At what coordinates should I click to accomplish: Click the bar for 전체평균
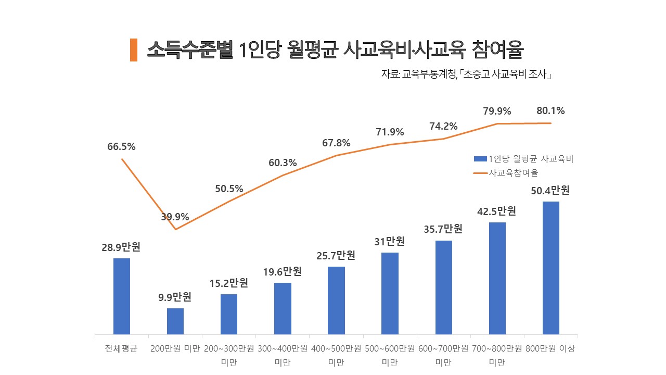[x=122, y=296]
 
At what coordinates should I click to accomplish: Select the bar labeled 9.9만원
[x=175, y=321]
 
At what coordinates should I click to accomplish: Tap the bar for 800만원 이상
[x=550, y=268]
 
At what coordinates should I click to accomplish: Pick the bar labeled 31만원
[x=390, y=293]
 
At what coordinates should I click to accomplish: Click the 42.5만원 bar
[x=497, y=278]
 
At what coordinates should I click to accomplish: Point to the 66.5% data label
[x=121, y=147]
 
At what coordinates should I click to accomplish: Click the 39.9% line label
[x=175, y=217]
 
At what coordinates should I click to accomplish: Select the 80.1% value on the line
[x=550, y=111]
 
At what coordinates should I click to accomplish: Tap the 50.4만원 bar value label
[x=550, y=191]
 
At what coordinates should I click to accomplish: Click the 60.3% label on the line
[x=283, y=163]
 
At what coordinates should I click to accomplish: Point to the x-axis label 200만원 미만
[x=175, y=348]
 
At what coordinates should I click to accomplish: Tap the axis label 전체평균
[x=121, y=348]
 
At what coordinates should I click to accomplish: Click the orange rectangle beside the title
[x=134, y=50]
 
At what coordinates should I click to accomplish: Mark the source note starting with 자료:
[x=466, y=74]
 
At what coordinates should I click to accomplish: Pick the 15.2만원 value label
[x=229, y=283]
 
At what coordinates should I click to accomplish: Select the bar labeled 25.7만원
[x=336, y=300]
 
